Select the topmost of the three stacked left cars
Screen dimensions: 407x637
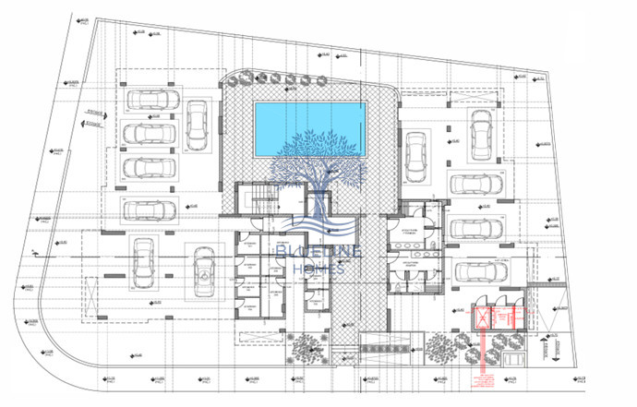(148, 101)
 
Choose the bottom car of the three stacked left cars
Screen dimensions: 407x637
(148, 169)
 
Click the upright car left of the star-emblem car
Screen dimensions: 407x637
(142, 263)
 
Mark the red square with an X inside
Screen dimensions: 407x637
(482, 321)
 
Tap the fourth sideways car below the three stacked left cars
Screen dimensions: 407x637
(148, 210)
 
